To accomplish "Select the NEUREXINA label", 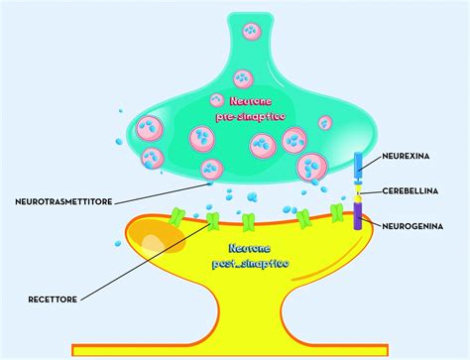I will tap(413, 158).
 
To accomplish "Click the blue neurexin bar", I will tap(359, 166).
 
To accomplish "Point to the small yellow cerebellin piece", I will tap(359, 192).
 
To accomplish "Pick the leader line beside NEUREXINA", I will tap(378, 159).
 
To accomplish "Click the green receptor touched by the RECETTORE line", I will tap(210, 216).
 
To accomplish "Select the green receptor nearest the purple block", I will tap(337, 213).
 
